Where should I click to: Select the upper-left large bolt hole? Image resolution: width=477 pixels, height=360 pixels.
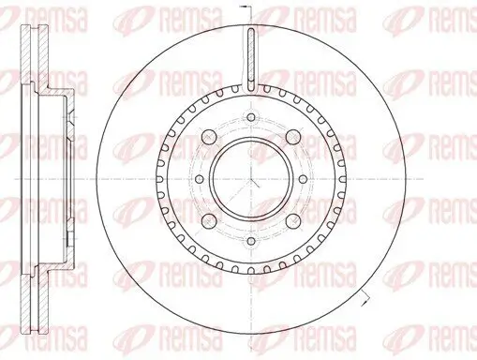[x=209, y=136]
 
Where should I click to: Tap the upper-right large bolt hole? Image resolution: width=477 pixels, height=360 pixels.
[x=293, y=137]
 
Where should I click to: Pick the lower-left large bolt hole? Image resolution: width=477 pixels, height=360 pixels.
[x=209, y=221]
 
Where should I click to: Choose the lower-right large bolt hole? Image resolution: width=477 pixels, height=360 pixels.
[x=293, y=221]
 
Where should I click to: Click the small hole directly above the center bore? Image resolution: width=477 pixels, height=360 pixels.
[x=251, y=117]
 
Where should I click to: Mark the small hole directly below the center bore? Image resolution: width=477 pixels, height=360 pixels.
[x=251, y=241]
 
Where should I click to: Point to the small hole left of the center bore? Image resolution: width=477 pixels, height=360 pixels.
[x=199, y=179]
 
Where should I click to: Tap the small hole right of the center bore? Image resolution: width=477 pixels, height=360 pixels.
[x=304, y=179]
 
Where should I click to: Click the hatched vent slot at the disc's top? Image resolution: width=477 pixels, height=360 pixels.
[x=251, y=59]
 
